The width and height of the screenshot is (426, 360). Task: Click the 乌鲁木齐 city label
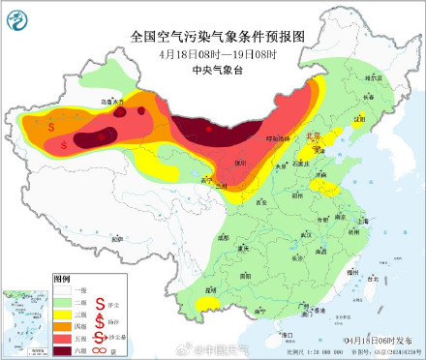tap(88, 101)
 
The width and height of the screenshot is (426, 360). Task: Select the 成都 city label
tap(224, 235)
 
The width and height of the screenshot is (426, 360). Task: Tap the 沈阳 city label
tap(360, 119)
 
